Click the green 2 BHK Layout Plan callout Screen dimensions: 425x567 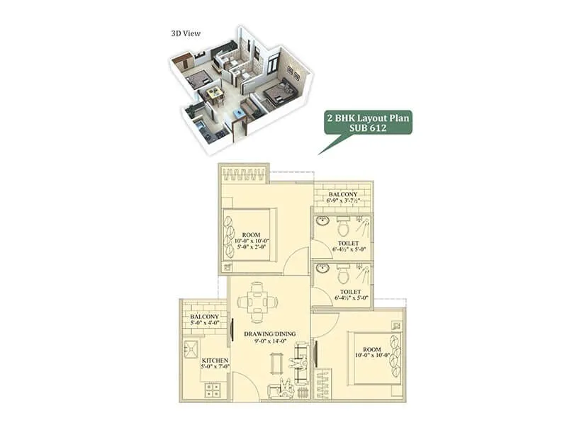pyautogui.click(x=368, y=123)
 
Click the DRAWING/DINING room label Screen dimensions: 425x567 pyautogui.click(x=269, y=333)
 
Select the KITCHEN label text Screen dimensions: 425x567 pyautogui.click(x=214, y=361)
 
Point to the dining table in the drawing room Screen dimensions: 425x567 pyautogui.click(x=253, y=302)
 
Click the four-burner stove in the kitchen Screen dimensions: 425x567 pyautogui.click(x=214, y=389)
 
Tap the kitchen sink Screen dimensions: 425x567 pyautogui.click(x=191, y=348)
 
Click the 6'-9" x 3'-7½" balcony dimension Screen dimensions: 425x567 pyautogui.click(x=342, y=202)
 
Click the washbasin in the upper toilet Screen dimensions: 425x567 pyautogui.click(x=322, y=221)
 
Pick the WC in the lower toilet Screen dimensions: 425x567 pyautogui.click(x=343, y=273)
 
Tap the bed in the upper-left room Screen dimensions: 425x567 pyautogui.click(x=248, y=234)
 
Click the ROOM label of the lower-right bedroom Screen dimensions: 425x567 pyautogui.click(x=372, y=349)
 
